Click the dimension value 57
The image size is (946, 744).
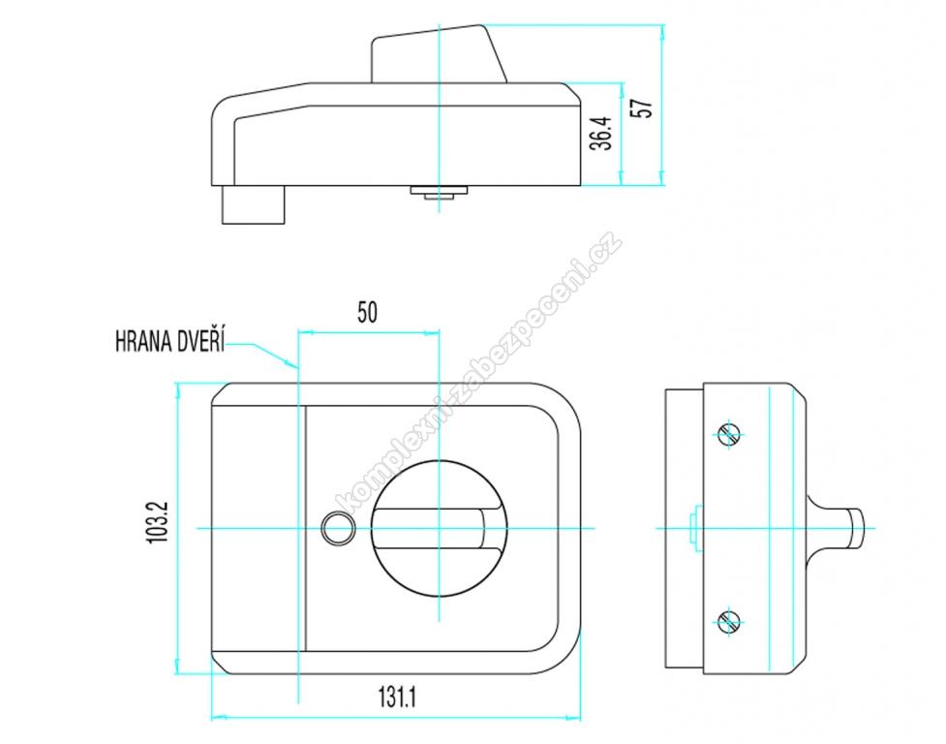644,108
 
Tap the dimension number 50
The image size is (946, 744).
367,313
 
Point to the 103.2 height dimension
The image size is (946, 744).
158,522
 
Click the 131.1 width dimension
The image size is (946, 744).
398,697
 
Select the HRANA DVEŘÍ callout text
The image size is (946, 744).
169,342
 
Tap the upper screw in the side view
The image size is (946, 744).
729,433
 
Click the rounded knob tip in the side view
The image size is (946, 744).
856,528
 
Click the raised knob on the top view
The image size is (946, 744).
438,53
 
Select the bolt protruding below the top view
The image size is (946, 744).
254,204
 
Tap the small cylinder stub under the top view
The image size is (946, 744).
440,191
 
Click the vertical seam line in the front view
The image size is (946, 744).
306,529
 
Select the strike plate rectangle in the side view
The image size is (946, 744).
685,529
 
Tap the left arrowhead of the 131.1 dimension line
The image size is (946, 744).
219,718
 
